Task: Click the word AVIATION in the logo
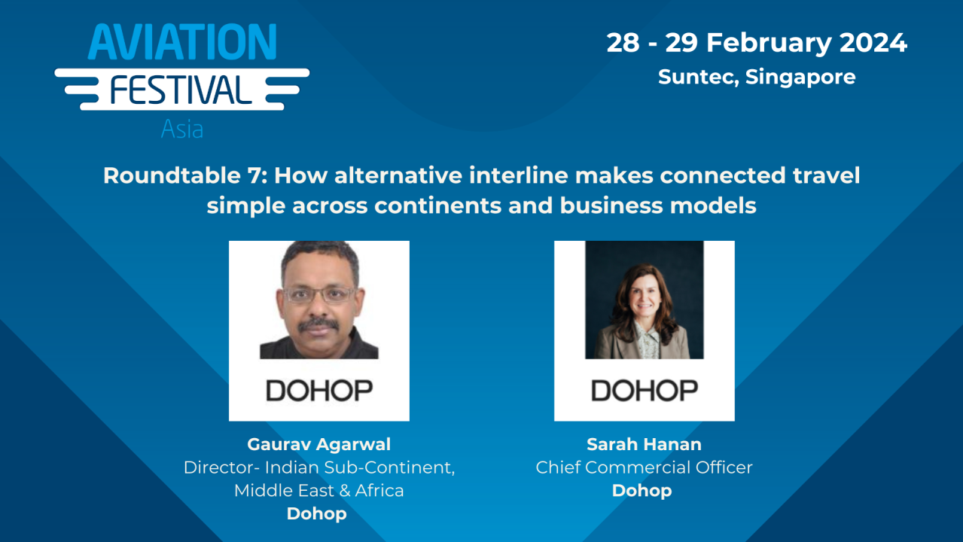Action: (182, 42)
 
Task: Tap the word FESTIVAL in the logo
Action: (182, 90)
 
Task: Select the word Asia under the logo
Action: (182, 129)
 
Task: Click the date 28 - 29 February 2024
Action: (757, 43)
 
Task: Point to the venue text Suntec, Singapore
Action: (757, 77)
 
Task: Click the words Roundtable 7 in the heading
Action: (184, 176)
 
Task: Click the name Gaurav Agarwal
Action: (318, 444)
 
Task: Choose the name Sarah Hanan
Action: (644, 444)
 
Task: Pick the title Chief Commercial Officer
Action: (644, 467)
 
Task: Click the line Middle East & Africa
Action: (318, 491)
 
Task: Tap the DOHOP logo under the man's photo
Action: (318, 390)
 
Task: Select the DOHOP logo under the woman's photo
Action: (644, 390)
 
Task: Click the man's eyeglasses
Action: (318, 294)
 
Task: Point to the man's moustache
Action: (318, 323)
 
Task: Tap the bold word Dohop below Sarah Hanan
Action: (641, 491)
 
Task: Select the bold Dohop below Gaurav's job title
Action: (316, 514)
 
